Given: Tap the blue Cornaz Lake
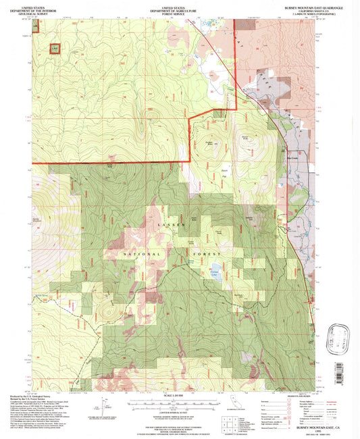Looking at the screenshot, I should [216, 269].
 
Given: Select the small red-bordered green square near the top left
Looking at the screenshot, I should [54, 49].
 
